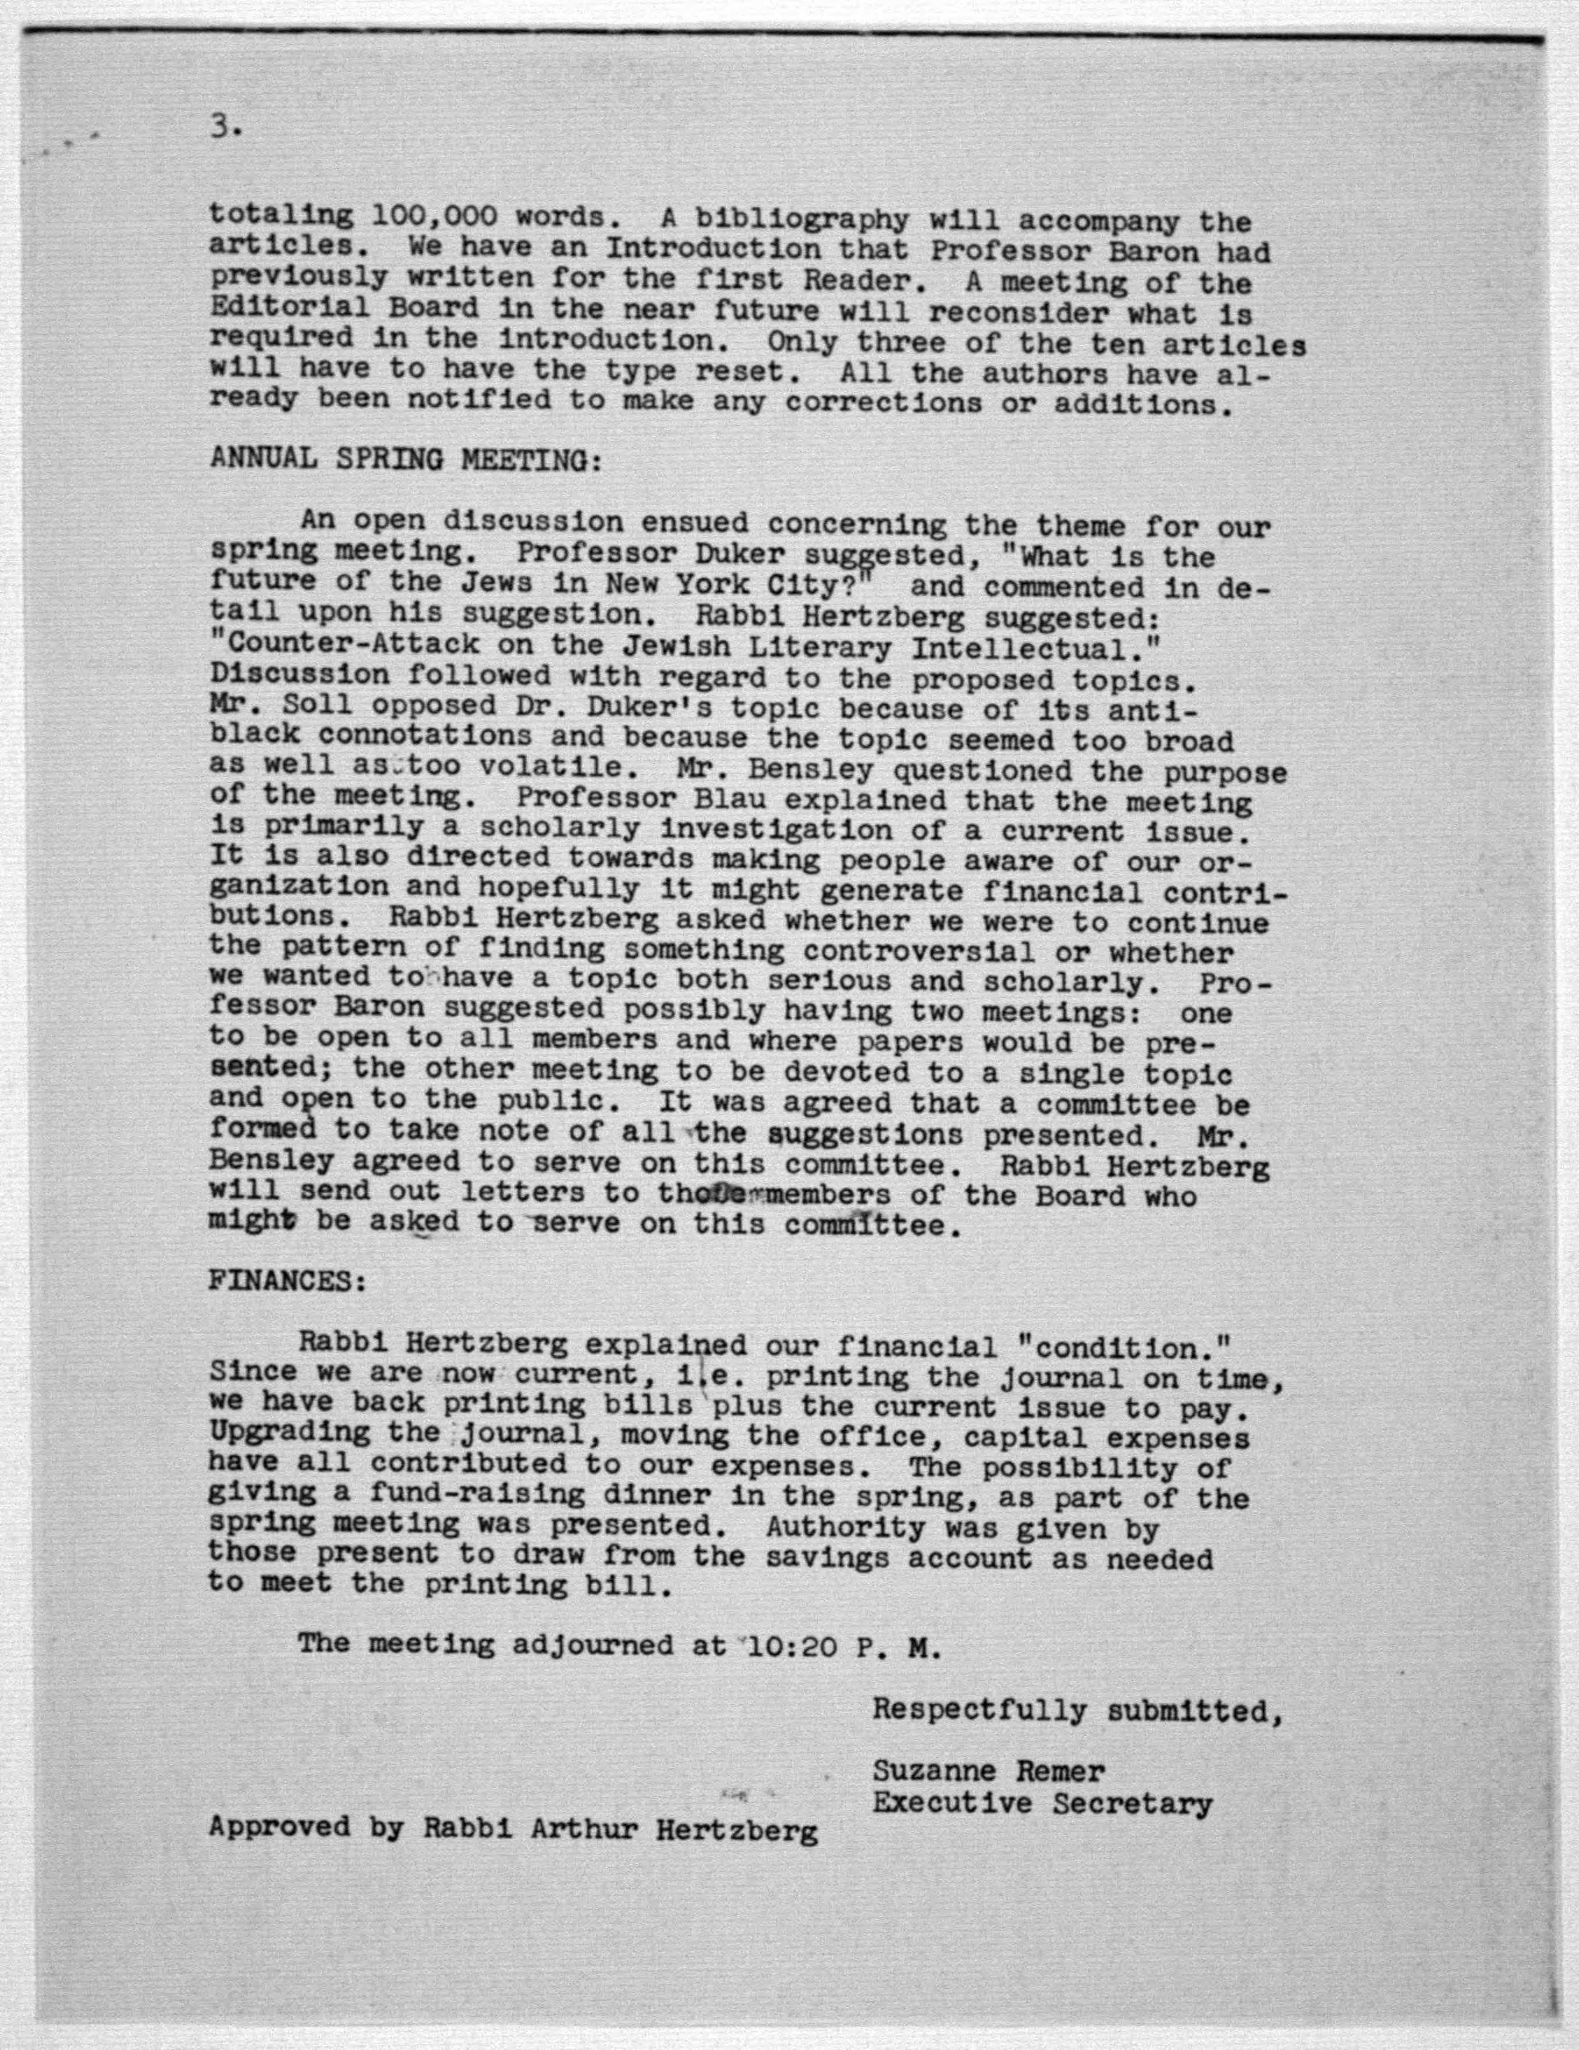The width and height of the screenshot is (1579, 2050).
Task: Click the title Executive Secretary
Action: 1042,1803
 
